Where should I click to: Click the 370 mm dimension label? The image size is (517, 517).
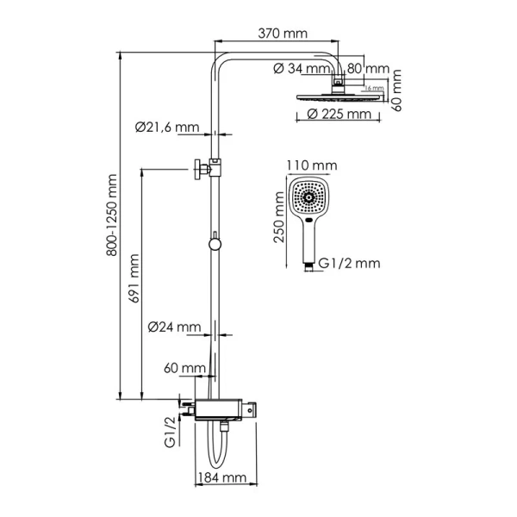283,34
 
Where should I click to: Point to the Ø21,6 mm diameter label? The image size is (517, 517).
167,127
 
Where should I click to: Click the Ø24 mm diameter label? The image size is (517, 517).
174,327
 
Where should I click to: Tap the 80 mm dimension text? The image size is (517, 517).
370,68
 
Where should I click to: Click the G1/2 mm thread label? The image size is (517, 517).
348,263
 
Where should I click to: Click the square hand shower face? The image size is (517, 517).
309,199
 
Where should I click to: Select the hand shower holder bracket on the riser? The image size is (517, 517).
207,166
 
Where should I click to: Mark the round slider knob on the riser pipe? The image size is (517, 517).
215,244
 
